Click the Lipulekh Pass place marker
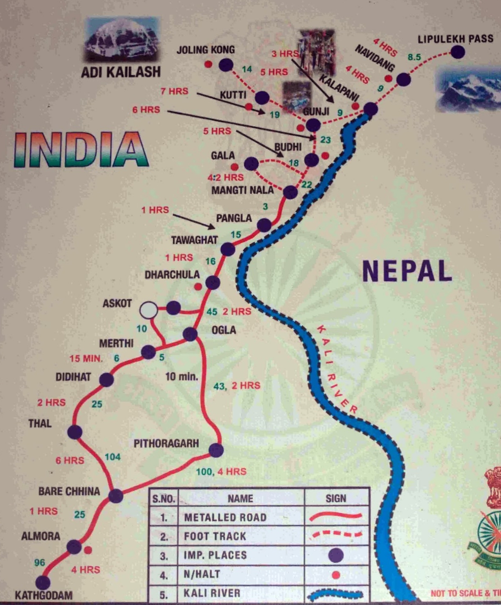point(457,52)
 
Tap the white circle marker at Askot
point(149,310)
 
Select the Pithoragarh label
point(166,443)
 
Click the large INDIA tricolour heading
point(81,150)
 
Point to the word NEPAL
point(407,271)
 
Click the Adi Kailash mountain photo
point(122,39)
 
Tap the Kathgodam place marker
point(43,582)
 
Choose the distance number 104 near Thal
point(112,457)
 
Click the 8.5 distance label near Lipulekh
point(414,57)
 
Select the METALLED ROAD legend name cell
point(225,517)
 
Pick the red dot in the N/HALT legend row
point(336,575)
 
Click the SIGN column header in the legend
point(336,498)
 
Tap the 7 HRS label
point(174,91)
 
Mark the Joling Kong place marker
point(226,65)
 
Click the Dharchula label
point(172,275)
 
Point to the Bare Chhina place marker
point(116,496)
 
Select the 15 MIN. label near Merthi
point(86,359)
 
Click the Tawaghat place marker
point(227,249)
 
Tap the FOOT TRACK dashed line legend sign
point(336,536)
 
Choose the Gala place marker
point(251,164)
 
